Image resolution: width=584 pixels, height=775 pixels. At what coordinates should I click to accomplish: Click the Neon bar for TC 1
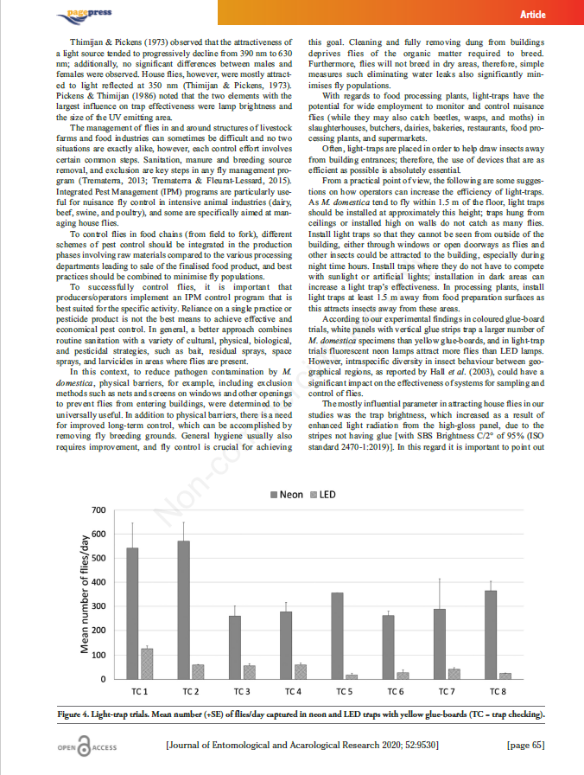132,613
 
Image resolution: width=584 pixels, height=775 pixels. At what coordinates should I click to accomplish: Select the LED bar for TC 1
147,663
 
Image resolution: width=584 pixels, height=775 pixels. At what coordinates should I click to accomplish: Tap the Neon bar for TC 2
183,610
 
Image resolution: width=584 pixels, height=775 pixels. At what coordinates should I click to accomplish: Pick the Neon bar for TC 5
337,636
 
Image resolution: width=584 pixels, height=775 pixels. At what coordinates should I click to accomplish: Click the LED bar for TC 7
454,673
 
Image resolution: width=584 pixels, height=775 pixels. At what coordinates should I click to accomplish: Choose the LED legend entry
323,495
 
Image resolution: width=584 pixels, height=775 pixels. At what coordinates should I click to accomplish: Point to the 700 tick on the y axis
98,510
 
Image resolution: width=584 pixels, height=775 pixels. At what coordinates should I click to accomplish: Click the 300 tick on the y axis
98,606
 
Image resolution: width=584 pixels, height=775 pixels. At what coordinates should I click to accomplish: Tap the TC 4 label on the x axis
293,692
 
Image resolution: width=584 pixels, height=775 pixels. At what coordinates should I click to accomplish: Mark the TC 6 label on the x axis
395,692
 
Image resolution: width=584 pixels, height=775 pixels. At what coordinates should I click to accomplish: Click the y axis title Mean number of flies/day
84,595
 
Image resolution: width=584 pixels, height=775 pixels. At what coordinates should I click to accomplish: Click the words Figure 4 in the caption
75,714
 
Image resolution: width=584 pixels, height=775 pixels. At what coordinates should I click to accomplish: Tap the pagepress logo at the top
85,13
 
